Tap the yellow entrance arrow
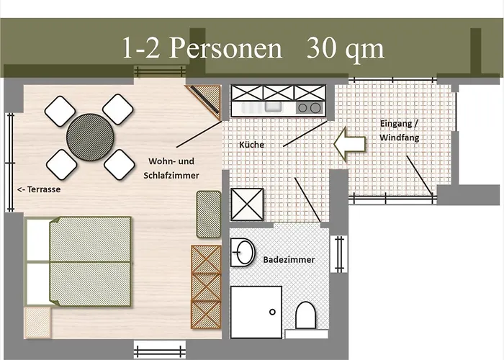click(351, 141)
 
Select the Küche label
click(251, 145)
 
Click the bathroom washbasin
click(243, 253)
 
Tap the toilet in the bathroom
click(306, 315)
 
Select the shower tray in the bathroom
click(256, 311)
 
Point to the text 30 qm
click(346, 48)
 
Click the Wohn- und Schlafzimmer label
click(174, 168)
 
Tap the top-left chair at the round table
click(60, 109)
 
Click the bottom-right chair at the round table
click(119, 165)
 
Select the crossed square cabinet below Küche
click(247, 204)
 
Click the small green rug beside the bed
click(208, 213)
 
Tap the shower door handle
click(272, 313)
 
